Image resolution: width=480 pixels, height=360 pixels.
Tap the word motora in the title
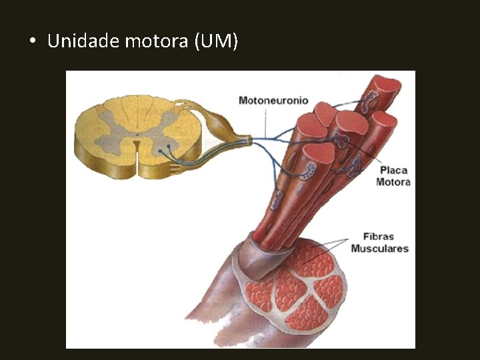click(157, 42)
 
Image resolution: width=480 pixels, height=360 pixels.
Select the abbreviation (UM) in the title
click(215, 42)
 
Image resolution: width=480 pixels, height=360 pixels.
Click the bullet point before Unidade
click(32, 42)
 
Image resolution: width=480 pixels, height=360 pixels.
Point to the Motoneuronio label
click(273, 100)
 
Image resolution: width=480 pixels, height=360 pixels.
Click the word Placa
click(393, 170)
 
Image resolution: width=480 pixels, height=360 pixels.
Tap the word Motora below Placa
click(393, 181)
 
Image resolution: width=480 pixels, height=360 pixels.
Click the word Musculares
click(380, 249)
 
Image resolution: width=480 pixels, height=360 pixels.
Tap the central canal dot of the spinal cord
click(137, 141)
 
